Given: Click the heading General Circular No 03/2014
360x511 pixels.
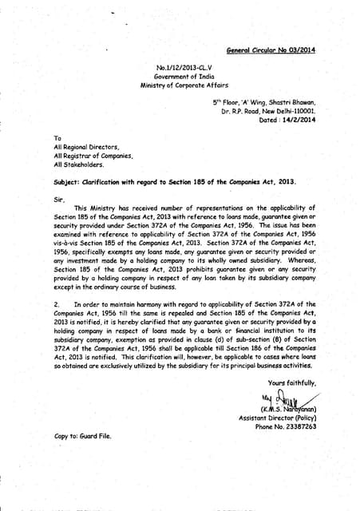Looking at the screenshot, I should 270,50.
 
